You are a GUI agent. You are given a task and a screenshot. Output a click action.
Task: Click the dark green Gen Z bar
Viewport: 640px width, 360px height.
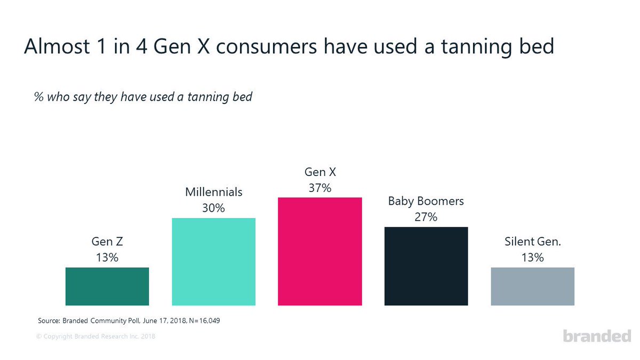pyautogui.click(x=107, y=286)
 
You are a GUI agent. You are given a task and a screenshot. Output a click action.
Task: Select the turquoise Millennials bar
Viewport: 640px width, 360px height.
pyautogui.click(x=213, y=261)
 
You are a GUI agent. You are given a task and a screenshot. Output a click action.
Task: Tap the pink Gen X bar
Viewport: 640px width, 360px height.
pyautogui.click(x=319, y=251)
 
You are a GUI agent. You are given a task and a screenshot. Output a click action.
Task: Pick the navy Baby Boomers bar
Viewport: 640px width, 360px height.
pyautogui.click(x=426, y=266)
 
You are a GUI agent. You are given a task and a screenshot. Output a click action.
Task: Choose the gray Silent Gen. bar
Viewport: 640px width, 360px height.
pyautogui.click(x=532, y=286)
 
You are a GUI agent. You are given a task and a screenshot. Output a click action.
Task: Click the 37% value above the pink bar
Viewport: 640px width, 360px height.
pyautogui.click(x=319, y=188)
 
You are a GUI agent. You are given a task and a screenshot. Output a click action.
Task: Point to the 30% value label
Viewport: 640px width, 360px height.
pyautogui.click(x=213, y=208)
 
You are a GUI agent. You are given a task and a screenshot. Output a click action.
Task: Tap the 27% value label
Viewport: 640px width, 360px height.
pyautogui.click(x=426, y=217)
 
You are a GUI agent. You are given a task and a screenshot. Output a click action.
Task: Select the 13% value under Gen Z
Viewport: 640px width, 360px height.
pyautogui.click(x=107, y=258)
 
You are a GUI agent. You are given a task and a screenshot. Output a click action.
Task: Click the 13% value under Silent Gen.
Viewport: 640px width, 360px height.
pyautogui.click(x=532, y=258)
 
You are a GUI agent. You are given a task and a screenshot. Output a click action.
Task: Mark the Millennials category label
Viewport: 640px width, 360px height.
pyautogui.click(x=213, y=192)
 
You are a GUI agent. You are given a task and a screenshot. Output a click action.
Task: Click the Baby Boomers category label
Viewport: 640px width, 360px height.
pyautogui.click(x=426, y=201)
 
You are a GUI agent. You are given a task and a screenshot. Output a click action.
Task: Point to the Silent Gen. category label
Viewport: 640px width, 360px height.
pyautogui.click(x=532, y=242)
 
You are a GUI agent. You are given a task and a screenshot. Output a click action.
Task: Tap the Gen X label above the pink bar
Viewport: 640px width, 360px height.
pyautogui.click(x=319, y=172)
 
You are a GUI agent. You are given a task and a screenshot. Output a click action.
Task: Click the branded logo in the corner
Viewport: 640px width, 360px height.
pyautogui.click(x=597, y=336)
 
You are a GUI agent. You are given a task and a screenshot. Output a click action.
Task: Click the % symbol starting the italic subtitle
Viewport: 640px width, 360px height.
pyautogui.click(x=38, y=98)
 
